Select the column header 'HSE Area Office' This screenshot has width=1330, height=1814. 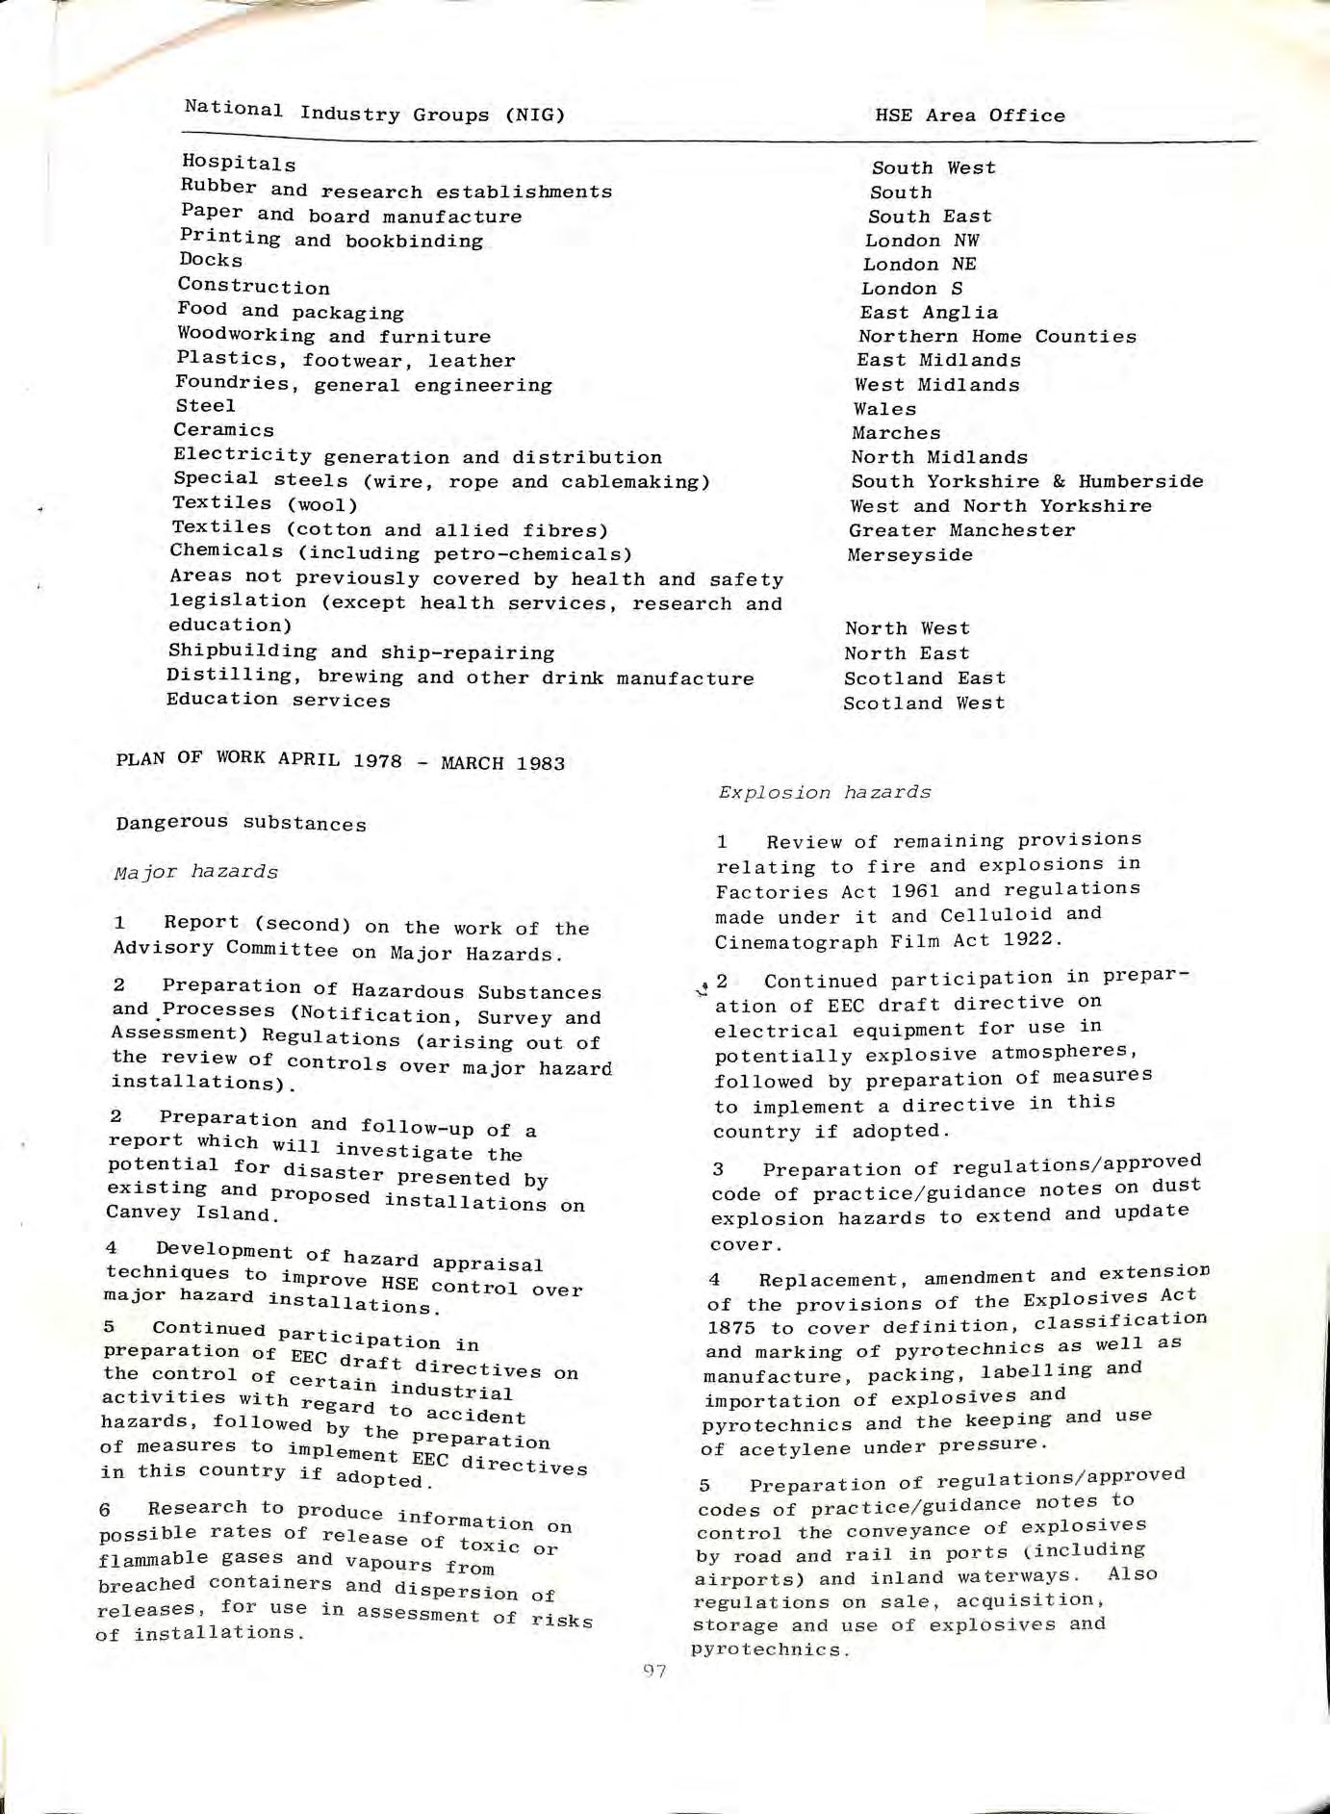(x=969, y=115)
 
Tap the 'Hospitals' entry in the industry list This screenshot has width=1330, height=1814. (x=239, y=163)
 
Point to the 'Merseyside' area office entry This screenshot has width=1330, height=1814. (x=909, y=554)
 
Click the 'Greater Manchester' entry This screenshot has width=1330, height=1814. (x=961, y=530)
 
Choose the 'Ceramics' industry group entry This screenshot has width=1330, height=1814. (x=223, y=429)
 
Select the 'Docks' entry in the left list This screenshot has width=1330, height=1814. (x=211, y=260)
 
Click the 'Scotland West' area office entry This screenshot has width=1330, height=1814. (x=924, y=703)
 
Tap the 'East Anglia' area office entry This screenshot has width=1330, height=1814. (x=929, y=312)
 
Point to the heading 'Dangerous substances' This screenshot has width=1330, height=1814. (x=241, y=823)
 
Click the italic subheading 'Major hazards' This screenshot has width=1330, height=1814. (x=195, y=872)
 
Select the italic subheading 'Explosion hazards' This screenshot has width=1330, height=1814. (x=824, y=792)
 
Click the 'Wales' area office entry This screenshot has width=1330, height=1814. (x=884, y=409)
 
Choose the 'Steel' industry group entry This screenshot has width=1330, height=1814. (x=205, y=406)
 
